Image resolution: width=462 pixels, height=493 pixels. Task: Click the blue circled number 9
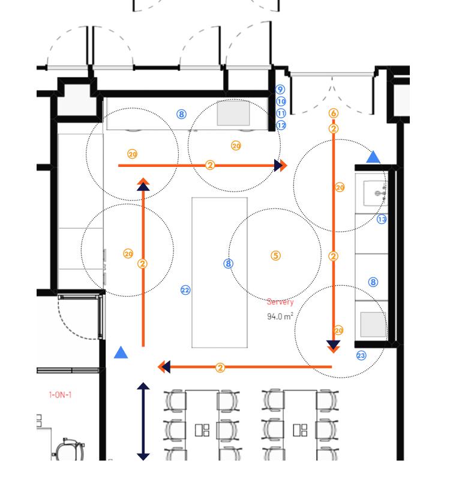click(x=280, y=90)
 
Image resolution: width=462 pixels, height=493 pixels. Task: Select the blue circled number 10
click(x=281, y=101)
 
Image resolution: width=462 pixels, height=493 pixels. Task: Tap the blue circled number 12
click(x=281, y=125)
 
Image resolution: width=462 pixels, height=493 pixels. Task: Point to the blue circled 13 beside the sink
click(x=382, y=219)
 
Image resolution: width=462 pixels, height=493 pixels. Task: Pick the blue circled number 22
click(x=185, y=290)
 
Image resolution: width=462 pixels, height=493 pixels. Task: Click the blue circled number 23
click(x=361, y=355)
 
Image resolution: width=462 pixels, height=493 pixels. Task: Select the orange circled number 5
click(x=275, y=255)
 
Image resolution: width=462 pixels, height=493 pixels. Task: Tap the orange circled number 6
click(x=334, y=113)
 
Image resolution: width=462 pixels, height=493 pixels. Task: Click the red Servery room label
click(x=280, y=302)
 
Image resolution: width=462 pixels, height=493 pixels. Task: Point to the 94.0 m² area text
click(x=280, y=316)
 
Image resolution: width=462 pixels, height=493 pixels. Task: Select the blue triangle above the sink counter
click(x=373, y=157)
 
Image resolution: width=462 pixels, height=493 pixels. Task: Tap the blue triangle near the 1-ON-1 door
click(x=121, y=352)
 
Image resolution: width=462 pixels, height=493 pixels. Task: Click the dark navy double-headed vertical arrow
click(x=143, y=421)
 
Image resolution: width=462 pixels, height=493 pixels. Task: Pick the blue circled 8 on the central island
click(x=227, y=263)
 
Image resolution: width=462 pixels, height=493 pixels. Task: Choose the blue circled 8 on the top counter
click(x=182, y=114)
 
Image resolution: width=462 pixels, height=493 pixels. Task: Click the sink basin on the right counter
click(x=376, y=193)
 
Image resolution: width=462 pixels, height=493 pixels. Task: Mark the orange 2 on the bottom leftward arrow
click(x=220, y=367)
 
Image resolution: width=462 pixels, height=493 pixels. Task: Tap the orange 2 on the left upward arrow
click(x=142, y=263)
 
